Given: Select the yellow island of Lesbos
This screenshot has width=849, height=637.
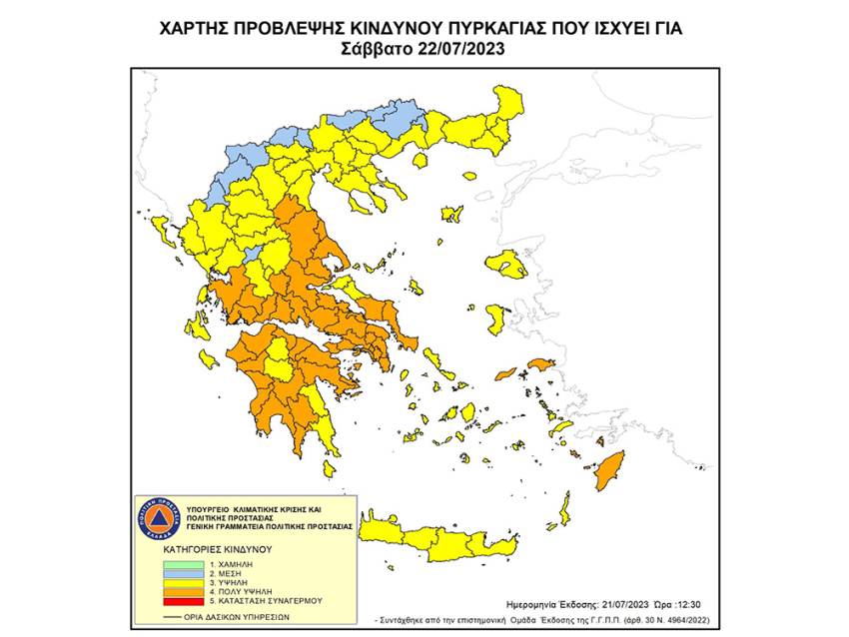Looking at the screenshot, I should [x=505, y=265].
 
